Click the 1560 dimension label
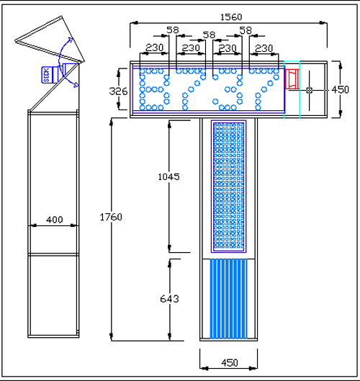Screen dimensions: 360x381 [231, 17]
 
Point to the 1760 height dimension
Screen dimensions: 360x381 [111, 217]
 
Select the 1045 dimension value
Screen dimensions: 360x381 [168, 176]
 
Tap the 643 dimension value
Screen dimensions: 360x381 [169, 299]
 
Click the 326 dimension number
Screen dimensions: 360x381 [118, 91]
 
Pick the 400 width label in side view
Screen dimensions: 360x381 [55, 220]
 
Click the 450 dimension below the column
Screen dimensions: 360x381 [229, 363]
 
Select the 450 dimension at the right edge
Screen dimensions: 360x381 [340, 90]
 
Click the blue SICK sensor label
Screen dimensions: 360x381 [46, 75]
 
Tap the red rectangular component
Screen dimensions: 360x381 [292, 79]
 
